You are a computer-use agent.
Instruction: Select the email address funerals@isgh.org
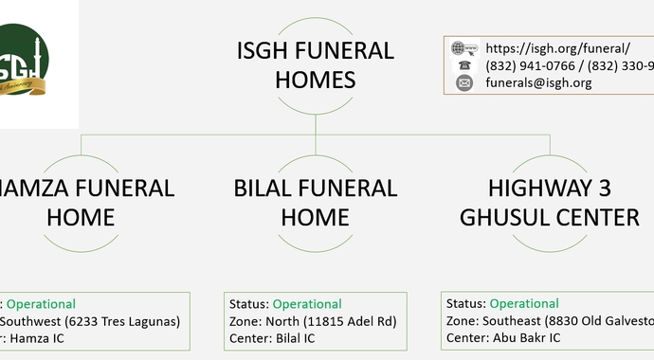click(x=538, y=82)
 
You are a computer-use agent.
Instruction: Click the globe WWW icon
click(x=463, y=48)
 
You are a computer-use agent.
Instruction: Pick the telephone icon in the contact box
click(x=463, y=65)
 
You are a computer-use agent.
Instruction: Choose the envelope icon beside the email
click(x=463, y=82)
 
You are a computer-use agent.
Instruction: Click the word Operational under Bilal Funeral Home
click(x=307, y=304)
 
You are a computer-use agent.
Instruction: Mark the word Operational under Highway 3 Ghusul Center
click(x=524, y=303)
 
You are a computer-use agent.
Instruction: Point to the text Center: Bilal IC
click(x=272, y=338)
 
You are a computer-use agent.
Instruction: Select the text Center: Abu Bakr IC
click(x=503, y=337)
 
